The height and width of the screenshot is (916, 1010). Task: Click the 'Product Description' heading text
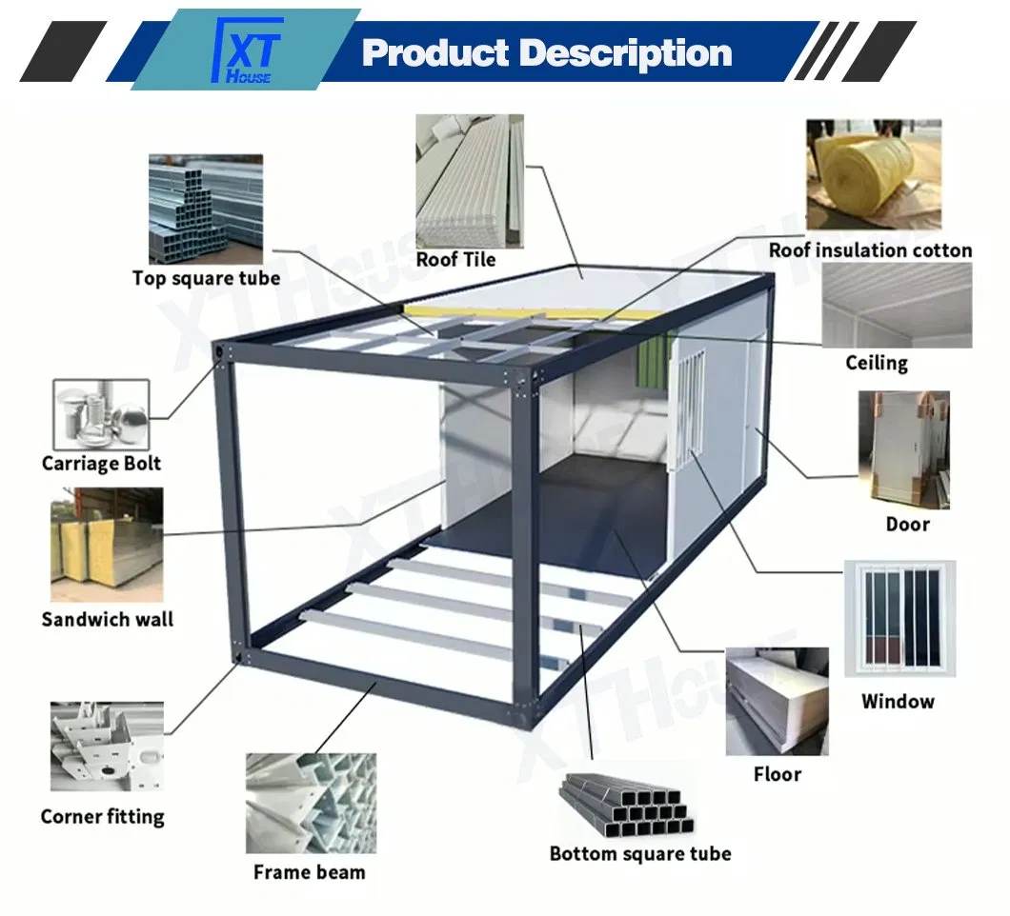coord(547,52)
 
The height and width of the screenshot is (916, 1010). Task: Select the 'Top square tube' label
coord(207,278)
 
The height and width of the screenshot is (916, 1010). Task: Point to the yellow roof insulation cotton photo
coord(873,175)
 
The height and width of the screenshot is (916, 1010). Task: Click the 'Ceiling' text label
coord(877,363)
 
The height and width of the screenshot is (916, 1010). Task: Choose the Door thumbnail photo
coord(903,448)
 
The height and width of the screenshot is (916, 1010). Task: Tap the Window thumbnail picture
coord(899,617)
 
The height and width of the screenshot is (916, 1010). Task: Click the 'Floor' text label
coord(778,774)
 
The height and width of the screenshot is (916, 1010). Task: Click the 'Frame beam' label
coord(309,871)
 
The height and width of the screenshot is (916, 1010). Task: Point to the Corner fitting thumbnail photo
coord(107,747)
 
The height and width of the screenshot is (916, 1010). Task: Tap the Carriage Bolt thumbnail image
coord(101,414)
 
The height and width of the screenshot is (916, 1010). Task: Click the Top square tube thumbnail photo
coord(205,209)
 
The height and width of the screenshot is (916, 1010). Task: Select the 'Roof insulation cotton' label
coord(871,250)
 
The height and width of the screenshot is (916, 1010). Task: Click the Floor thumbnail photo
coord(777,702)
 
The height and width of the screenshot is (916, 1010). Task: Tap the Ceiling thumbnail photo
coord(896,305)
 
